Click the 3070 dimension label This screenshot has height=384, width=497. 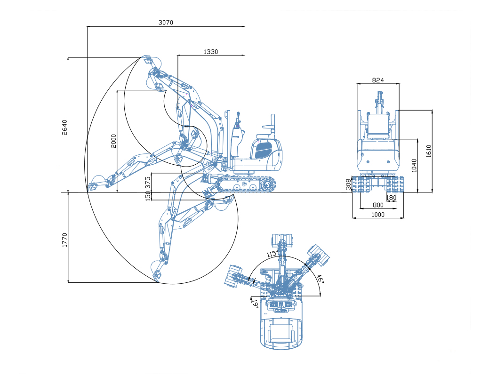click(x=166, y=23)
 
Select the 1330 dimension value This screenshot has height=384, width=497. click(x=210, y=52)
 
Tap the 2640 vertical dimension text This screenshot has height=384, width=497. click(x=65, y=128)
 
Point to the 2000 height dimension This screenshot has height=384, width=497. click(x=113, y=141)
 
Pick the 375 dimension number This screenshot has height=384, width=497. click(x=148, y=182)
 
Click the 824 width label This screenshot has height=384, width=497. click(x=378, y=80)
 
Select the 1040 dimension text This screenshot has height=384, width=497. click(x=414, y=166)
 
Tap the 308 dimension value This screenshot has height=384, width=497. click(x=349, y=184)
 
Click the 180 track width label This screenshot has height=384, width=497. click(x=391, y=198)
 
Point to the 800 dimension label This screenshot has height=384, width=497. click(x=378, y=205)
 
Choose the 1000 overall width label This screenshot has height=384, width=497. click(x=378, y=215)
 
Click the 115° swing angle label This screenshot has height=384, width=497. click(x=272, y=254)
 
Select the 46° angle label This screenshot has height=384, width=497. click(x=320, y=279)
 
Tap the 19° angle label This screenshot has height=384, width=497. click(x=255, y=304)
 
